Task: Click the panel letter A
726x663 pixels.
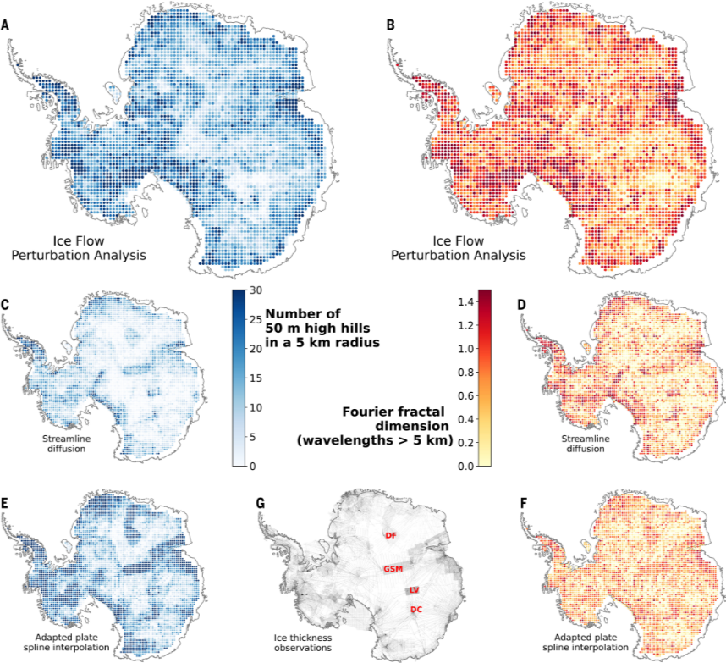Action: [x=6, y=26]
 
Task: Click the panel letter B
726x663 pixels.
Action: [x=390, y=26]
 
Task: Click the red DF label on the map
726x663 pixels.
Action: [x=390, y=536]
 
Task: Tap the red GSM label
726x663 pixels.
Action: [x=392, y=568]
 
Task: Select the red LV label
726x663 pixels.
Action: [x=414, y=589]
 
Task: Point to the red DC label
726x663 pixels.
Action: [x=415, y=610]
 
